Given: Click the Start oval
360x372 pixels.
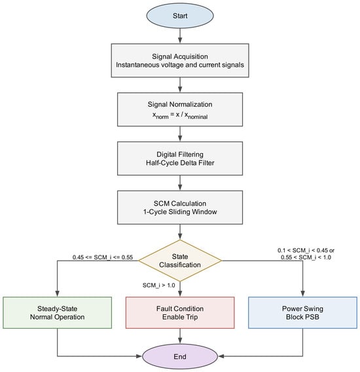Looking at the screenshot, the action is [180, 16].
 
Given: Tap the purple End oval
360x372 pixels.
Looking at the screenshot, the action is [180, 356].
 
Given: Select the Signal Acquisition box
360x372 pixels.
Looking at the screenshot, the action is [180, 60].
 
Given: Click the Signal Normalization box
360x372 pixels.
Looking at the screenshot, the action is [180, 109].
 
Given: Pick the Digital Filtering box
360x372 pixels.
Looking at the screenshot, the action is [180, 158].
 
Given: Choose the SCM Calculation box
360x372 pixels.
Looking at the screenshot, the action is [180, 208].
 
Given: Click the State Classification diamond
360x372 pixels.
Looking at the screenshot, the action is [180, 261].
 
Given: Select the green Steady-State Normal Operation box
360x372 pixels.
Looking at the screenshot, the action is [57, 312].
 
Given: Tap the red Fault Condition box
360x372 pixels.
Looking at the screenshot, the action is [180, 312].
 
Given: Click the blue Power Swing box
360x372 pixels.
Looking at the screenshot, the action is [302, 312].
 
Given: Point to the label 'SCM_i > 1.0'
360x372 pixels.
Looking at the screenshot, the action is [158, 285].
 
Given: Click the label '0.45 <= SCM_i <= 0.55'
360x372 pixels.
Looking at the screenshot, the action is [103, 257].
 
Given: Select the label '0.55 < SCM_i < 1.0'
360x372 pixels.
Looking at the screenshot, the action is [306, 257].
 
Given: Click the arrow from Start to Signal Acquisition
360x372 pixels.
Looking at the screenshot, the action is [180, 36].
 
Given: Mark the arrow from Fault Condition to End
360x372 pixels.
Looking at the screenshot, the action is [180, 336].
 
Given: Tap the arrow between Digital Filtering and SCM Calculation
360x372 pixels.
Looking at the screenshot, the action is [180, 183].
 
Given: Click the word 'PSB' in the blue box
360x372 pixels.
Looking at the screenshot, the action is [313, 317].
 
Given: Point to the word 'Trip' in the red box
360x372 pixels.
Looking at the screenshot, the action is [192, 317].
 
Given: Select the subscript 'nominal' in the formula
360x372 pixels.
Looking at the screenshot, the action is [198, 117].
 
